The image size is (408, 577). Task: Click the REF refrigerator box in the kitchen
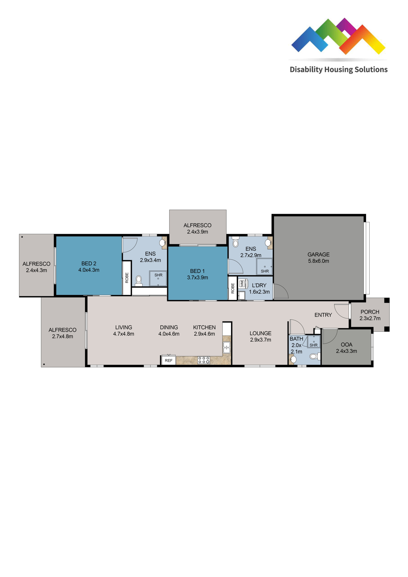(x=168, y=360)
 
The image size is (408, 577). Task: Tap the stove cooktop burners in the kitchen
(x=204, y=360)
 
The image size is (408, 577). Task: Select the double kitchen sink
(x=227, y=347)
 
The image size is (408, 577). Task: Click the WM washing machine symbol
(x=242, y=284)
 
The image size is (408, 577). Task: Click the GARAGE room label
(x=319, y=254)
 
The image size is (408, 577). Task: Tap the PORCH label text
(x=370, y=312)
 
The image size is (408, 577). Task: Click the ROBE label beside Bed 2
(x=127, y=278)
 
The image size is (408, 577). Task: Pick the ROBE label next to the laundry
(x=233, y=288)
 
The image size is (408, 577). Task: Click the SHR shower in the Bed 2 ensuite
(x=158, y=278)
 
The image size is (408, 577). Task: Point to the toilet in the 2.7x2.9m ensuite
(x=235, y=242)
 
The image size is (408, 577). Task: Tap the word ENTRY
(x=323, y=315)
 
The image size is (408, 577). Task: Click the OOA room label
(x=346, y=345)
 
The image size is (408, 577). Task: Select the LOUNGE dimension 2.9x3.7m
(x=260, y=340)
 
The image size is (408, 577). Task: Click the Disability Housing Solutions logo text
(x=339, y=70)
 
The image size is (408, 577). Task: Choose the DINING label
(x=169, y=327)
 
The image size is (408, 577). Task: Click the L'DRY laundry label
(x=259, y=286)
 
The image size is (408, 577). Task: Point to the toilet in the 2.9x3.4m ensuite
(x=139, y=281)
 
